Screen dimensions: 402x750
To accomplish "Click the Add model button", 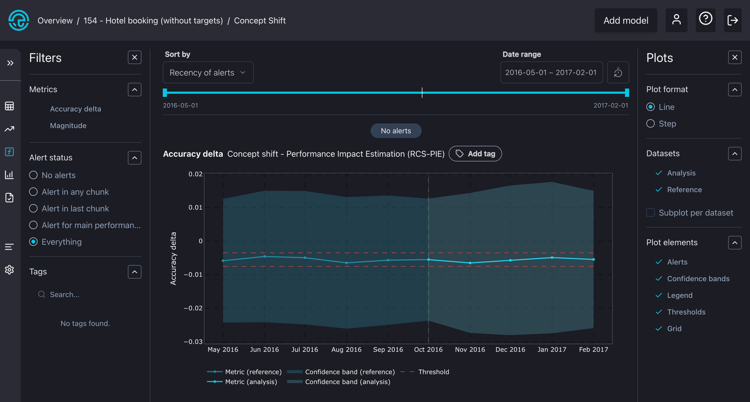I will point(626,21).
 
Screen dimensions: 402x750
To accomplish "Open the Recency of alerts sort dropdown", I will point(208,73).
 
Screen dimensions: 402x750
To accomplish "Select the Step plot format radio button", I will point(650,124).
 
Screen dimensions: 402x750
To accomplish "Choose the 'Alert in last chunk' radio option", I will point(33,208).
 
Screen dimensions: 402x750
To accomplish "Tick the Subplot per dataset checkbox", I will point(650,213).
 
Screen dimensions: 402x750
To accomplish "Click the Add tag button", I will point(475,154).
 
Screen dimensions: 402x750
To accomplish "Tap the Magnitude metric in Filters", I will point(68,125).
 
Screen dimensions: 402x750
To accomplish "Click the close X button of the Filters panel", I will point(134,58).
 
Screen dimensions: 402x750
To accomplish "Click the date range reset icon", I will point(618,73).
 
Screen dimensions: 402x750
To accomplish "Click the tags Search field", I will point(85,295).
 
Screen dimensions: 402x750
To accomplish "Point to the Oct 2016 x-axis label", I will point(428,350).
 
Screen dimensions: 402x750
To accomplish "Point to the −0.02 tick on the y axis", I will point(193,308).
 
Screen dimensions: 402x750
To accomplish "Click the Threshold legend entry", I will point(433,372).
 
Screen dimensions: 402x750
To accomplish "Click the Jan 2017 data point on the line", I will point(552,257).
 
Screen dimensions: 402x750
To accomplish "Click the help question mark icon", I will point(705,20).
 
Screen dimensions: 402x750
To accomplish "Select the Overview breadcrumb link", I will point(55,21).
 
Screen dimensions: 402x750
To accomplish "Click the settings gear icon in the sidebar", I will point(9,270).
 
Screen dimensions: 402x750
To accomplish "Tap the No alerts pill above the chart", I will point(396,131).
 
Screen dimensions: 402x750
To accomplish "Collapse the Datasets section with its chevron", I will point(735,154).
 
